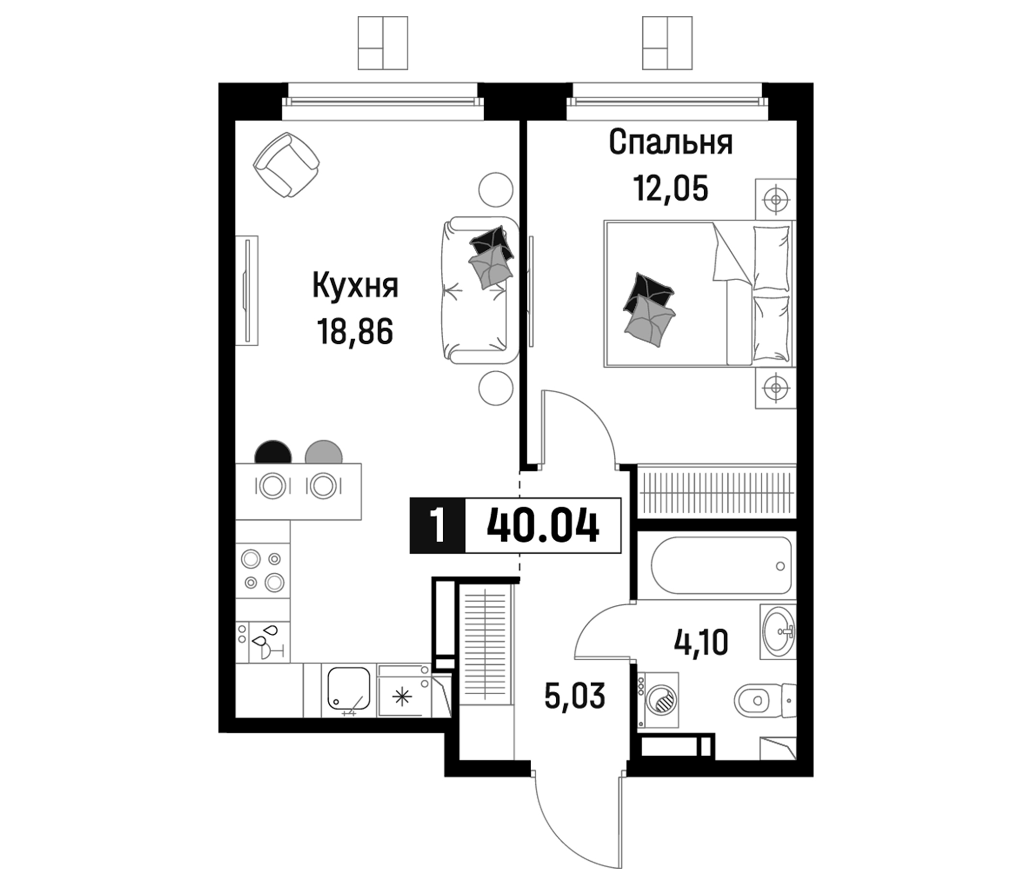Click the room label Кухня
click(355, 286)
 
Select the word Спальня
click(670, 143)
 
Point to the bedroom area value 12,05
click(670, 189)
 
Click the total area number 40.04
click(543, 526)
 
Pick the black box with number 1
click(437, 526)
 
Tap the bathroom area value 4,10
click(701, 642)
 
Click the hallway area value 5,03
click(575, 696)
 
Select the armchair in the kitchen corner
click(286, 164)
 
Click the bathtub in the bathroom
click(721, 565)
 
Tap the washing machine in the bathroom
click(659, 700)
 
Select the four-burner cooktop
click(262, 570)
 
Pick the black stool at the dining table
click(273, 452)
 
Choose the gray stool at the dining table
click(324, 452)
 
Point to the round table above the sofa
click(495, 189)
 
